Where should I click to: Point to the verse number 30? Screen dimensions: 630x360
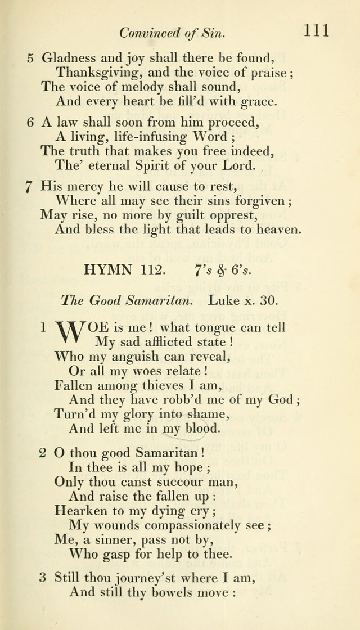(268, 300)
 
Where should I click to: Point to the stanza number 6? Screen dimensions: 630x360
(29, 124)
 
